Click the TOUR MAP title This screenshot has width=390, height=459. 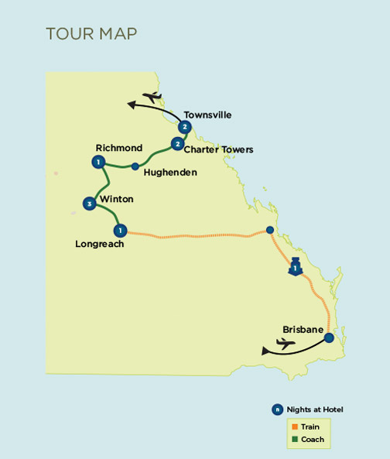[91, 33]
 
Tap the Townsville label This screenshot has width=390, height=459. [207, 115]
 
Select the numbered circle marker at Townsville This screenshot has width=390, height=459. [185, 127]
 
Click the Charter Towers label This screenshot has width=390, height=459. [218, 149]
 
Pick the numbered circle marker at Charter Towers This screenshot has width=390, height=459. [178, 144]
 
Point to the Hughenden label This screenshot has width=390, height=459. [170, 173]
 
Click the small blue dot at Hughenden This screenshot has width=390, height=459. [135, 166]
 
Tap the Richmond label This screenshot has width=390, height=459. [119, 148]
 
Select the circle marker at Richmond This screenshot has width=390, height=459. [98, 163]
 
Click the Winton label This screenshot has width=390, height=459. [116, 199]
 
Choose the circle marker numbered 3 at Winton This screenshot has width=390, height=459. [90, 204]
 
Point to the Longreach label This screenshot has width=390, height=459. [100, 244]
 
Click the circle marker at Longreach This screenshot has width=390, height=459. [120, 231]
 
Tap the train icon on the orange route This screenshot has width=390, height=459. [295, 267]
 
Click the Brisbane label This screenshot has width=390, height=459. [303, 330]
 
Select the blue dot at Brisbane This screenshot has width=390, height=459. [329, 337]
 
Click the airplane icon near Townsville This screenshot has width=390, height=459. [152, 97]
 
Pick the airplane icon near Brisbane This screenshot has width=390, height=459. [286, 344]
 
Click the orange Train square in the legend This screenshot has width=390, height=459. [295, 426]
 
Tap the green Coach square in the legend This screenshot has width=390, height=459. [295, 439]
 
